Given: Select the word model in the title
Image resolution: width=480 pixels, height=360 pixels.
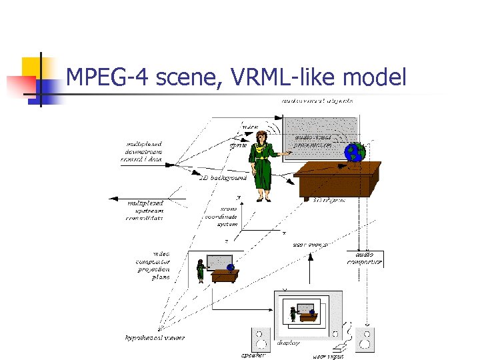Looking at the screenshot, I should pos(373,79).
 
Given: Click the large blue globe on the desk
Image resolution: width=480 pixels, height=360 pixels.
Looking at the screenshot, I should pos(355,153).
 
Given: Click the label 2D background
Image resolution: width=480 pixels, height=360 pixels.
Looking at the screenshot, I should pos(223,178).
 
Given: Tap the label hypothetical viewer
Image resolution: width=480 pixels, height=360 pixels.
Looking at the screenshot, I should pos(155,338).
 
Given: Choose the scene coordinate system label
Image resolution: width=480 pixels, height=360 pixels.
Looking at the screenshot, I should pos(227,215).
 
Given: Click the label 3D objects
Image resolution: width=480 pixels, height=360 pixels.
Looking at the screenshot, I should pos(329,200).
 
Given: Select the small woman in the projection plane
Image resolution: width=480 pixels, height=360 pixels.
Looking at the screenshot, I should pos(200,270).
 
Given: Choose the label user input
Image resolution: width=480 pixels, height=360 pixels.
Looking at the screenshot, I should pos(328,356).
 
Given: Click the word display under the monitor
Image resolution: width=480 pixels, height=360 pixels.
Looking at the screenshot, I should pos(289,343).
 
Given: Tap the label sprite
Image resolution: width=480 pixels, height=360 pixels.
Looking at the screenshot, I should pos(239,144).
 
